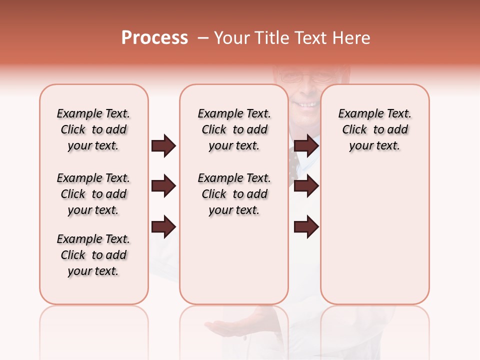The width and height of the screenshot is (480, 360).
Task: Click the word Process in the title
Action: coord(154,38)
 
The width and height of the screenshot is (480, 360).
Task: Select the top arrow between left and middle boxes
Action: coord(163,146)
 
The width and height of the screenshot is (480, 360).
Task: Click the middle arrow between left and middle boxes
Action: coord(163,186)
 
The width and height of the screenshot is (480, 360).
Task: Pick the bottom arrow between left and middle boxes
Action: coord(163,227)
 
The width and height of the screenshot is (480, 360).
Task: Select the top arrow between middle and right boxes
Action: coord(306,146)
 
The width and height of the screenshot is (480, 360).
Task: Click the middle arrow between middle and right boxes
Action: coord(306,186)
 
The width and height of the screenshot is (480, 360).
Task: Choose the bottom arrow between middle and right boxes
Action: coord(306,227)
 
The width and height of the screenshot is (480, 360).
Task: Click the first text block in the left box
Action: coord(93,129)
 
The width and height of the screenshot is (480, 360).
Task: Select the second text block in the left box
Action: coord(93,194)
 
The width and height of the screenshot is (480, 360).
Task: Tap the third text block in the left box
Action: coord(93,255)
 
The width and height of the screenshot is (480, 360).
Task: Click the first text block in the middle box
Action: coord(234,129)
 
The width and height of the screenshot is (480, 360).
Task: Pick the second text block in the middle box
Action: coord(234,194)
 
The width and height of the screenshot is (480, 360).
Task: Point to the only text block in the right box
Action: coord(375,129)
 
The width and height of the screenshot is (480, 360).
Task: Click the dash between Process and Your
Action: coord(202,38)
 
